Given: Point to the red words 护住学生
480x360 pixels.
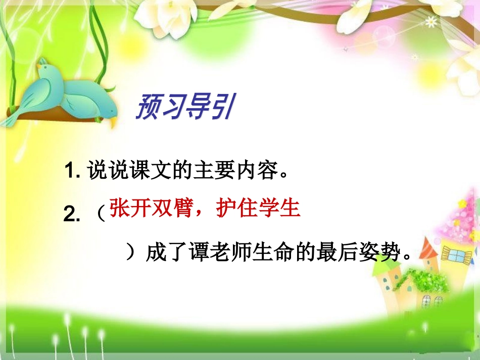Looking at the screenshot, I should click(259, 208).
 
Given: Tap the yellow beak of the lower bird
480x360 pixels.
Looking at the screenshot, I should click(114, 122).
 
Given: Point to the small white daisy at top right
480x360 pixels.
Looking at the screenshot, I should click(431, 22).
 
